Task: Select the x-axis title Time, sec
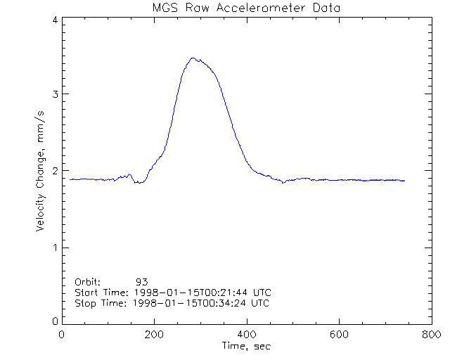click(246, 346)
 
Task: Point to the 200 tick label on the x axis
click(154, 335)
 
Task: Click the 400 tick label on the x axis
click(246, 335)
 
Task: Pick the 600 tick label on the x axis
click(339, 335)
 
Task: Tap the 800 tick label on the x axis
click(430, 335)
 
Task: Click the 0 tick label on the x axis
click(62, 335)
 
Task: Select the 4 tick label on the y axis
click(54, 20)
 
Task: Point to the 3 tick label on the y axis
click(54, 94)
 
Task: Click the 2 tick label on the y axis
click(54, 171)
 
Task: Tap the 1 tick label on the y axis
click(54, 247)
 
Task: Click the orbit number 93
click(141, 281)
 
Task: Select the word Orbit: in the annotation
click(88, 281)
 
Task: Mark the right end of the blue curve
click(404, 181)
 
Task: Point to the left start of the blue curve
click(70, 179)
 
